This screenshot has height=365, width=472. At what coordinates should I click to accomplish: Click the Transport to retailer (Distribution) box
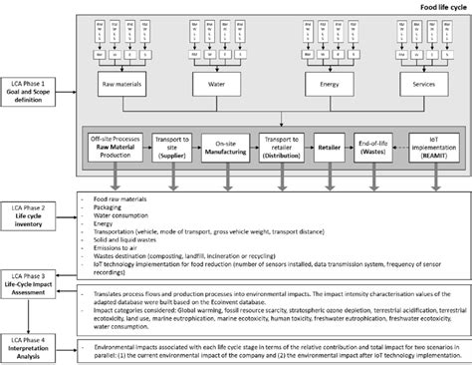[284, 149]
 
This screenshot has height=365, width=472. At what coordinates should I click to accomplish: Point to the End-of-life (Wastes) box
[379, 149]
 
